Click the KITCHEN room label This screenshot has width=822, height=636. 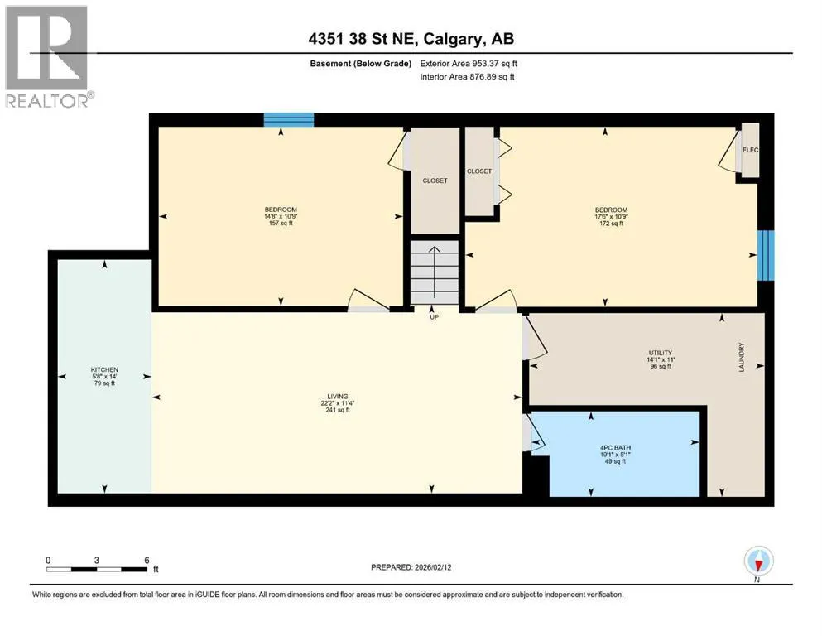(x=104, y=369)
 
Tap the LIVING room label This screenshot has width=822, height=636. (x=338, y=397)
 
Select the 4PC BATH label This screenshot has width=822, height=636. (x=615, y=448)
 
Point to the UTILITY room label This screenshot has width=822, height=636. (x=661, y=353)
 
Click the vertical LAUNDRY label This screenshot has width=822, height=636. (x=741, y=358)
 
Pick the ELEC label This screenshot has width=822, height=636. (x=750, y=150)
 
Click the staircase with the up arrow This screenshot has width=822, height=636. (x=434, y=272)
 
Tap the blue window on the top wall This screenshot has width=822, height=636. (x=288, y=120)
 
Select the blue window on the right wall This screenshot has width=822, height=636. (x=766, y=255)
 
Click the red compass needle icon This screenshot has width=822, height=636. (x=758, y=564)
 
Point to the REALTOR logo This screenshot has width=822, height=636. (x=48, y=56)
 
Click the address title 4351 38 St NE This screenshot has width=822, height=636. (x=363, y=39)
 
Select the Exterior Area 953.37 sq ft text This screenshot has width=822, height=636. (x=469, y=64)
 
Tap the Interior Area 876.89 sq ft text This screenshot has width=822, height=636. (x=467, y=76)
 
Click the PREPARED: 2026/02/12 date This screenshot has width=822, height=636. (x=411, y=567)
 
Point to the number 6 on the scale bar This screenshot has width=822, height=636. (x=147, y=560)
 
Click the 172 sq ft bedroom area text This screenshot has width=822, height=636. (x=611, y=224)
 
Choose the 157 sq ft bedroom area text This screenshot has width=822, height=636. (x=281, y=223)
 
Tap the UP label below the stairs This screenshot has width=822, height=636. (x=434, y=316)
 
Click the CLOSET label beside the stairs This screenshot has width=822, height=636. (x=435, y=181)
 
